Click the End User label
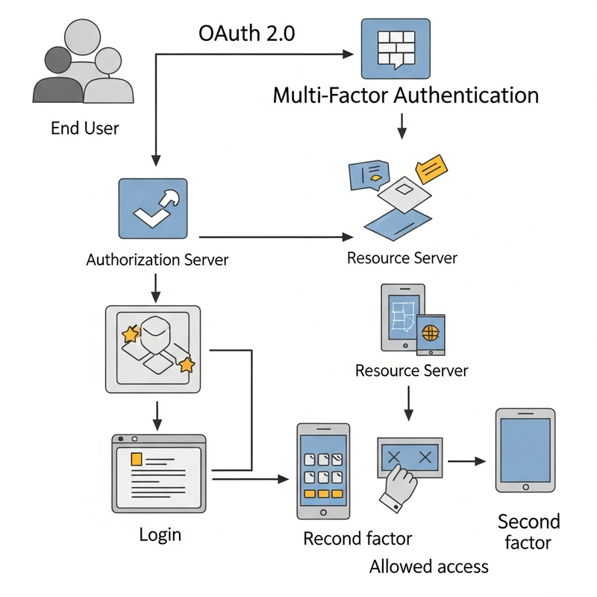(x=84, y=128)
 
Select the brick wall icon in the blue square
(x=395, y=49)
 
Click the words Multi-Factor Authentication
(x=406, y=96)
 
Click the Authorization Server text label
(x=157, y=260)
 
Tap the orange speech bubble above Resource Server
(x=431, y=169)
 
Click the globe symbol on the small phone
(x=430, y=331)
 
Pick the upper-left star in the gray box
(x=130, y=334)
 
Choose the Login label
(x=160, y=534)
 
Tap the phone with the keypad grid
(x=323, y=472)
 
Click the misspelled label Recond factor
(x=357, y=538)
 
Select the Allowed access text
(x=428, y=566)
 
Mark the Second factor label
(x=528, y=531)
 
